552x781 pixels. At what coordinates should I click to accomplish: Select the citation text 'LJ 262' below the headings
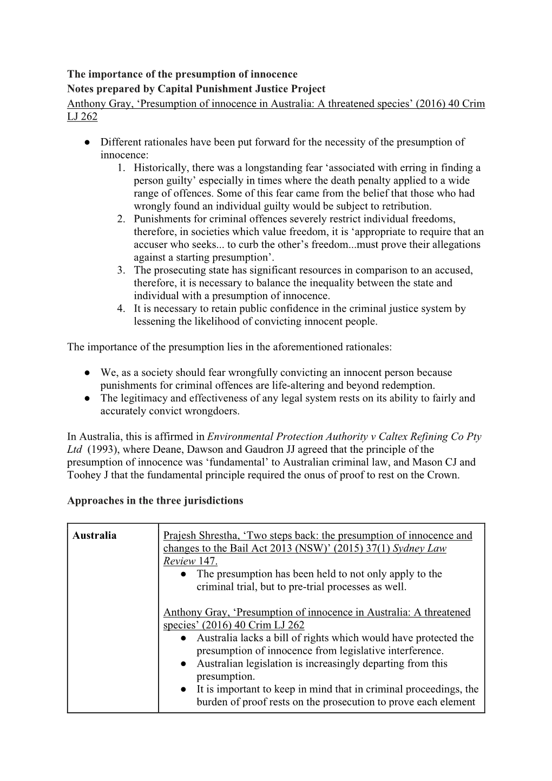82,116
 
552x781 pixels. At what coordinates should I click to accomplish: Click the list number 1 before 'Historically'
121,168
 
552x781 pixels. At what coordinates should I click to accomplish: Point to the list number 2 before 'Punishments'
121,219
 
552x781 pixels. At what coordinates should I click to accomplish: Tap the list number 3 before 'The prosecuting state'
121,270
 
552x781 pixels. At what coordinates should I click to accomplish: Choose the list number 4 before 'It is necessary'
121,309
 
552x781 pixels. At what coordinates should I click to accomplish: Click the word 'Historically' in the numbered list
160,168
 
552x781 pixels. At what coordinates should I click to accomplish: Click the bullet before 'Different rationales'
87,142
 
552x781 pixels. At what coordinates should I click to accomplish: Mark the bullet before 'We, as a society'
87,373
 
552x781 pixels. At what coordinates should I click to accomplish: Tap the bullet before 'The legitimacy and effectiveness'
87,398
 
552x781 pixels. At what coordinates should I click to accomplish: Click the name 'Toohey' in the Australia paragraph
86,475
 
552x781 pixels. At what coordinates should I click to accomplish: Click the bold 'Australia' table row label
95,536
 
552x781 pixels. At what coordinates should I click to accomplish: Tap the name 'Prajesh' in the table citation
181,536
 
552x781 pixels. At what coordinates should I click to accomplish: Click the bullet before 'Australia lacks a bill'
184,638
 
